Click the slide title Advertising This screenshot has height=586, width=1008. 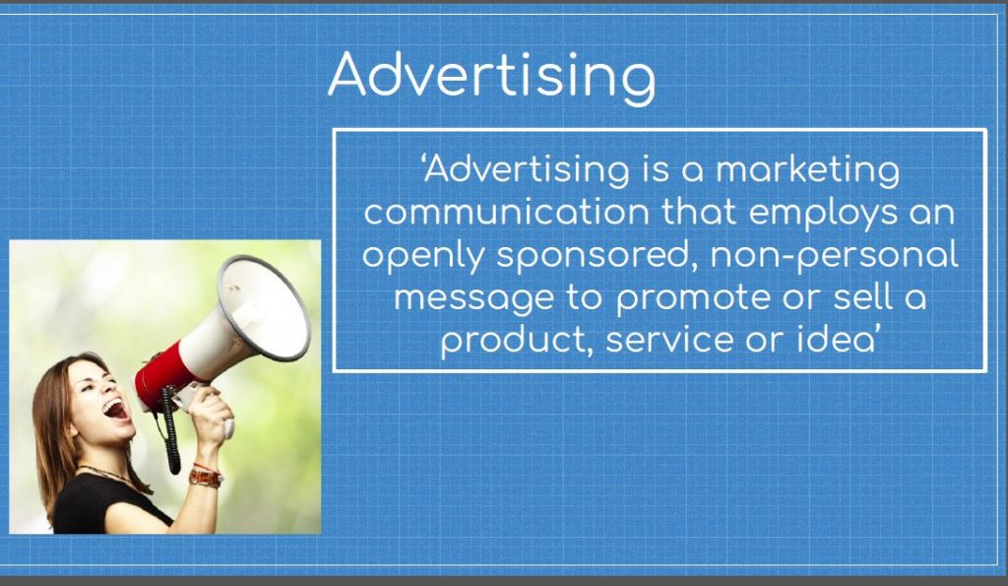point(492,76)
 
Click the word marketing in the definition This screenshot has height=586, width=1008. point(807,171)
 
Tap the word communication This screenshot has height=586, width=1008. point(507,213)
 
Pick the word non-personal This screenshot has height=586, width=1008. point(834,256)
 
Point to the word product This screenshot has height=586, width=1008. point(518,341)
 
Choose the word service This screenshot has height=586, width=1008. point(669,341)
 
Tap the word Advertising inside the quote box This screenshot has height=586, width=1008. point(526,171)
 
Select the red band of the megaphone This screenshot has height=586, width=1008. point(161,375)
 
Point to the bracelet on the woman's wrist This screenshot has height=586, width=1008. point(205,476)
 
